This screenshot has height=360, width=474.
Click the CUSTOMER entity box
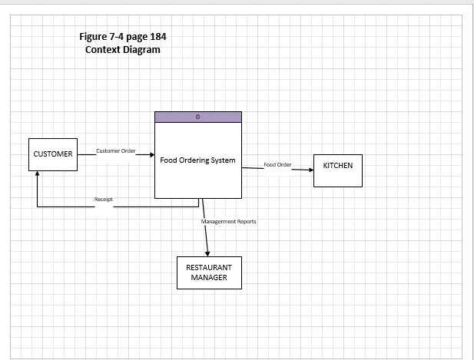53,154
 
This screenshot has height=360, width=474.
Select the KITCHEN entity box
338,170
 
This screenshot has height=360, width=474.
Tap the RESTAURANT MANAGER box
209,272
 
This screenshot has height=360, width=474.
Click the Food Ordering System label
197,161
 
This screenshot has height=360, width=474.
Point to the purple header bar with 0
198,117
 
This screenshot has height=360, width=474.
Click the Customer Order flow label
115,150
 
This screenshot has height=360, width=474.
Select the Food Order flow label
277,165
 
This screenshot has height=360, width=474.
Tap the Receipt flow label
104,199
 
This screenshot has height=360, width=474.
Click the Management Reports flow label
229,221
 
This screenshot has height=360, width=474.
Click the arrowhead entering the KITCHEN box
310,170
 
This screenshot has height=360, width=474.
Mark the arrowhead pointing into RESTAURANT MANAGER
207,253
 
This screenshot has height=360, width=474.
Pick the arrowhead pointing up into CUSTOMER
37,174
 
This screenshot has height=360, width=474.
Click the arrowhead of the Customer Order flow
151,154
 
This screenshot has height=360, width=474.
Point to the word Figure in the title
95,36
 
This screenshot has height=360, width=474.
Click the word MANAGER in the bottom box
209,278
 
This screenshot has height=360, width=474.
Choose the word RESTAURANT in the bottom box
209,268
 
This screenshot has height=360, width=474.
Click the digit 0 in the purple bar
198,117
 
